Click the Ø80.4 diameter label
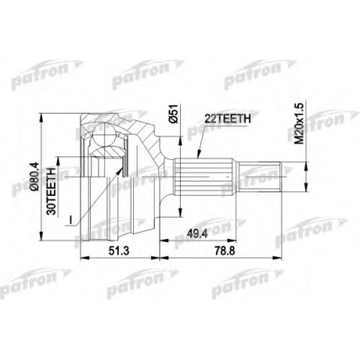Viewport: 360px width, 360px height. pyautogui.click(x=35, y=176)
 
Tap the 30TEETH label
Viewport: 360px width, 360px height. pyautogui.click(x=52, y=191)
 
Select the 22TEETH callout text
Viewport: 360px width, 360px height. pyautogui.click(x=228, y=119)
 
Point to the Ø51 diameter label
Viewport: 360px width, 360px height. pyautogui.click(x=174, y=114)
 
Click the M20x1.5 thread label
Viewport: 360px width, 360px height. pyautogui.click(x=299, y=124)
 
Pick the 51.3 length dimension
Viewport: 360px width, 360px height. pyautogui.click(x=119, y=251)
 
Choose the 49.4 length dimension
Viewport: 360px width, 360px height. pyautogui.click(x=197, y=234)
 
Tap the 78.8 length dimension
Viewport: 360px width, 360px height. pyautogui.click(x=225, y=251)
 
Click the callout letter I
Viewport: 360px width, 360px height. pyautogui.click(x=71, y=220)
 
